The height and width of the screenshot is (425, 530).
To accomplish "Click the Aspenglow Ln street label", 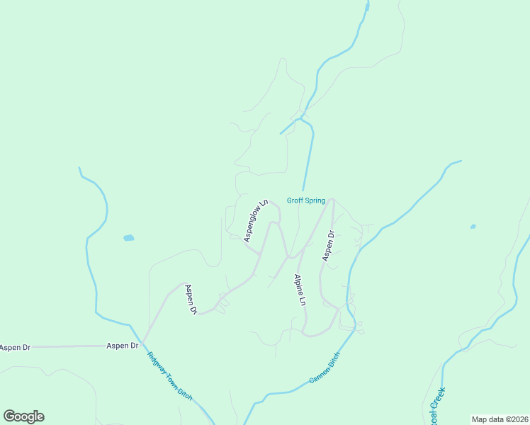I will (256, 220).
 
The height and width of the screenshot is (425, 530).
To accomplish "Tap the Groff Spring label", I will (305, 200).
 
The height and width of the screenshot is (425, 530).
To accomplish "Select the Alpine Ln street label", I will (300, 289).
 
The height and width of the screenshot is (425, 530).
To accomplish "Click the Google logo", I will (23, 416).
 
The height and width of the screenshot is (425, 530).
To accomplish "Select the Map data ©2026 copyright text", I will (500, 419).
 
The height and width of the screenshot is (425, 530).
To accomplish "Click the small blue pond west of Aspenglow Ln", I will (128, 238).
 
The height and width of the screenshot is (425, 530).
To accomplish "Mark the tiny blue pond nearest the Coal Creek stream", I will (473, 227).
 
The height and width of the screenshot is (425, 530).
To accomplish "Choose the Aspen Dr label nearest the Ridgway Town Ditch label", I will (122, 346).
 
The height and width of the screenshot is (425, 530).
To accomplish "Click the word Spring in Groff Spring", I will (315, 200).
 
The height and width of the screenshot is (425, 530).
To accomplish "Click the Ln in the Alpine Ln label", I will (303, 300).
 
